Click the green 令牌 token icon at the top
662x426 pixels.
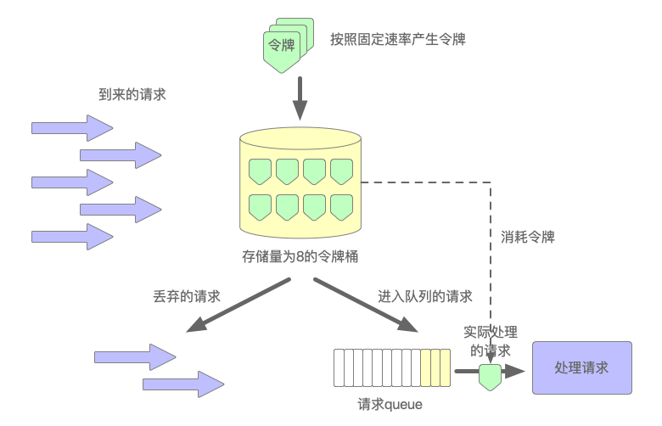283,46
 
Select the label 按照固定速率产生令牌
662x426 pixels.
398,39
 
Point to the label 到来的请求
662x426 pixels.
132,95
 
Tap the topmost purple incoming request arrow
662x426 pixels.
72,128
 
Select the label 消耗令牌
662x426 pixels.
528,237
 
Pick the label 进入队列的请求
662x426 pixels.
425,296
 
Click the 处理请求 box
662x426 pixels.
581,367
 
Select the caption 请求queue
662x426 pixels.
390,405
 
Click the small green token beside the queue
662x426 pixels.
490,376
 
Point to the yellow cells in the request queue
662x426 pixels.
435,367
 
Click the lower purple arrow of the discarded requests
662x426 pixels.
182,385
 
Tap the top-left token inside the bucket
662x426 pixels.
260,170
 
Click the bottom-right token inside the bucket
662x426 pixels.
341,206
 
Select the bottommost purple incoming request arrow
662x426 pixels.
72,236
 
